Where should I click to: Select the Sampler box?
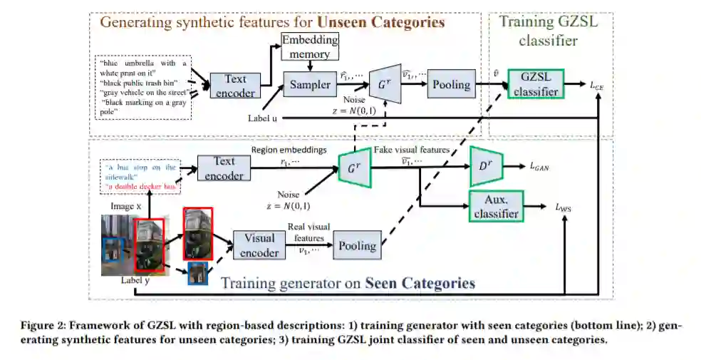pos(310,85)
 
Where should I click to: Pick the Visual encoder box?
pos(259,245)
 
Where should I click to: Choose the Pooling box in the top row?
pos(452,84)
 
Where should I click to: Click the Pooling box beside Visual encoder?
pos(357,246)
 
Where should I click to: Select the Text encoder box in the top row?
pos(235,85)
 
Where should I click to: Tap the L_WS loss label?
pos(566,207)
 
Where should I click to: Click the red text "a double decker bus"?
pos(140,187)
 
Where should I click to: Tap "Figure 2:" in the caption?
pos(42,326)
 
